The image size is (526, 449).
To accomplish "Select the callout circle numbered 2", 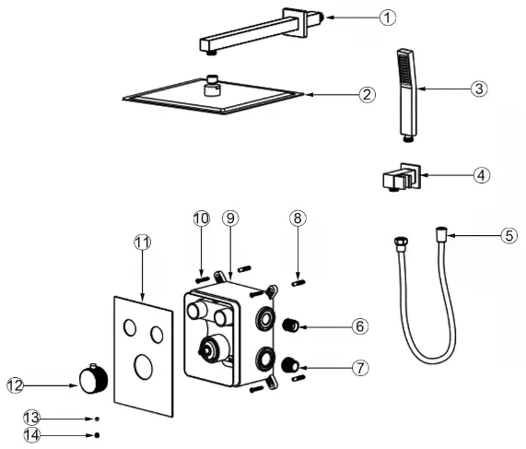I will click(367, 94).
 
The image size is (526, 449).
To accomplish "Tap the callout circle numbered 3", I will click(478, 89).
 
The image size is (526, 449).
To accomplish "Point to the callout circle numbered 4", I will click(482, 175).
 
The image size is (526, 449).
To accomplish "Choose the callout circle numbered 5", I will click(508, 235).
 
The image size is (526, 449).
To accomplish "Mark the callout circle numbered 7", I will click(360, 368).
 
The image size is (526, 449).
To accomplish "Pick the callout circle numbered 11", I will click(142, 242).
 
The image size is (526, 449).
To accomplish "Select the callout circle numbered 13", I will click(31, 417).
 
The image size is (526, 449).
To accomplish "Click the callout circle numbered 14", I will click(31, 434).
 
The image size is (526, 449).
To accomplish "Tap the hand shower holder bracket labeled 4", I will click(400, 175).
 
